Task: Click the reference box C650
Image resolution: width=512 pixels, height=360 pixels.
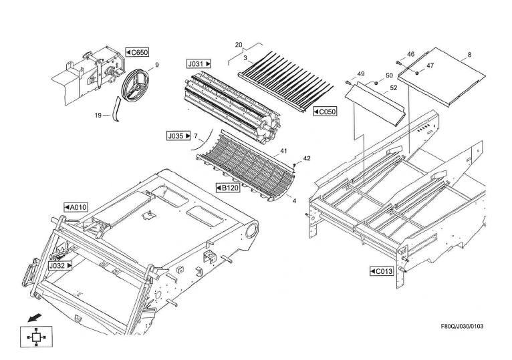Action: point(137,52)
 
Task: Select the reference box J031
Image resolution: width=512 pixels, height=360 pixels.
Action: point(199,63)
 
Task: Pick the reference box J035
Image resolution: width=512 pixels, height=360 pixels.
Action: point(178,136)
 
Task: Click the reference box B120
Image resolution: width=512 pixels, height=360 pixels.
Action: point(228,188)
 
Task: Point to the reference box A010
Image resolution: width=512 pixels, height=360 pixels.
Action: point(76,207)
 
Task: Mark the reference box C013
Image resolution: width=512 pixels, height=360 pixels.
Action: point(382,271)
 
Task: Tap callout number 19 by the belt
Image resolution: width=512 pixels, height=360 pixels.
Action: point(98,116)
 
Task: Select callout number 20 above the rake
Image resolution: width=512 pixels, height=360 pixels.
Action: point(239,45)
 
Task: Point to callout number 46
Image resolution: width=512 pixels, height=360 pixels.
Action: point(410,54)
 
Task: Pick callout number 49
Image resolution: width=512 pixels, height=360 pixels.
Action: point(360,73)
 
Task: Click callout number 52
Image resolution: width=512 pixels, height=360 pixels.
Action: point(393,87)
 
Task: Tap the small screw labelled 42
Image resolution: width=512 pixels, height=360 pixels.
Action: point(295,163)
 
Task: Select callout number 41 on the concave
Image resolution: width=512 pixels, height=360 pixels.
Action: point(284,152)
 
